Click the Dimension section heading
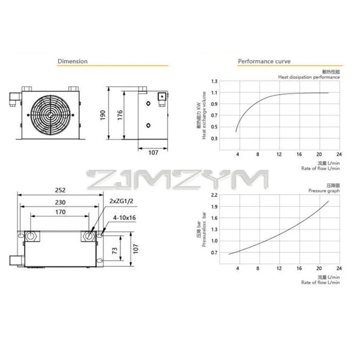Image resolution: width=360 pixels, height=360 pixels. (x=72, y=61)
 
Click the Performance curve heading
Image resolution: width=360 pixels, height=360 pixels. (x=264, y=61)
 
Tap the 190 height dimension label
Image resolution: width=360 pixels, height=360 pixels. (x=103, y=115)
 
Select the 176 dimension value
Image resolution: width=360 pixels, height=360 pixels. (x=120, y=115)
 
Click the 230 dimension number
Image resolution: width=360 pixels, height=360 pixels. (x=60, y=202)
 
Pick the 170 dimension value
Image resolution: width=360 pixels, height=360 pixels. (x=60, y=211)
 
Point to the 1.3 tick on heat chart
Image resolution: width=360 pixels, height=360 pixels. (x=214, y=81)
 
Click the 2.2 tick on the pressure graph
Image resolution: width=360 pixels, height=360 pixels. (x=214, y=195)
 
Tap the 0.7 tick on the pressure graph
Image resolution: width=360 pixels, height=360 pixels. (x=214, y=252)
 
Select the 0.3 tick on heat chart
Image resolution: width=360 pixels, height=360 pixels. (x=214, y=139)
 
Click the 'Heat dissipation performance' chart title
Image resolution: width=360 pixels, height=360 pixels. (x=309, y=77)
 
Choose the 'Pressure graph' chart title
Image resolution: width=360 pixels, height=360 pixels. (x=324, y=191)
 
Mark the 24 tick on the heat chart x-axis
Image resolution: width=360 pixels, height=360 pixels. (x=339, y=154)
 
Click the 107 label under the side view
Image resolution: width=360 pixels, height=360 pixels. (x=153, y=153)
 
